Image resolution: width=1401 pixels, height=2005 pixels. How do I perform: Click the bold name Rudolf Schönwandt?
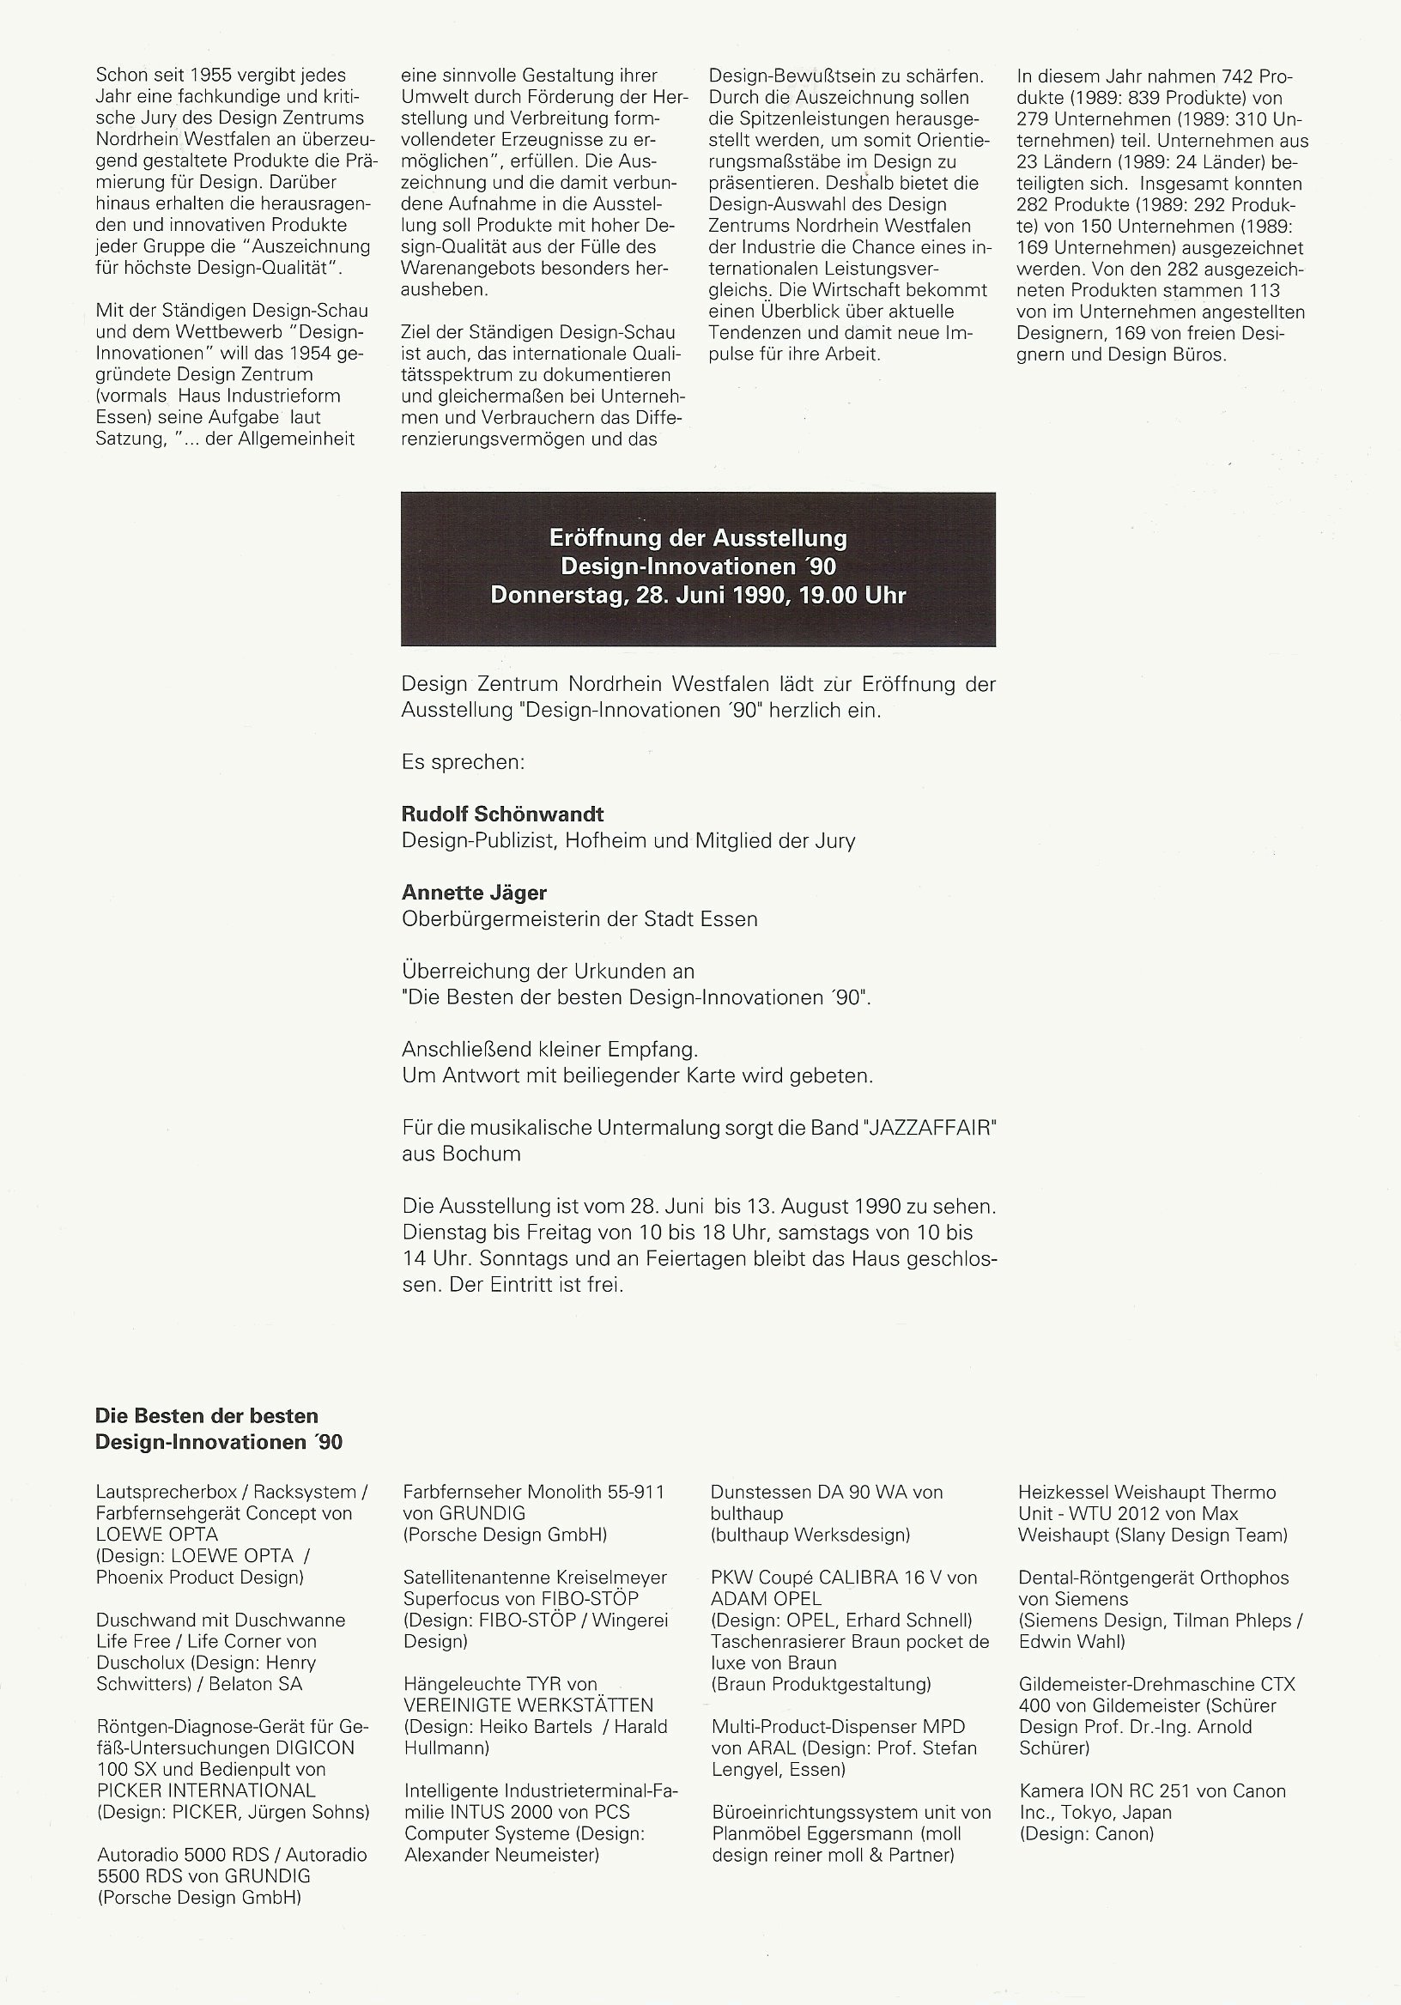[502, 815]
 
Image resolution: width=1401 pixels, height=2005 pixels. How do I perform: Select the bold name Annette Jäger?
[473, 893]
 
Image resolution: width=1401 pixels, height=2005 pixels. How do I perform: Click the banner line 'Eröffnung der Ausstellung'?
[698, 538]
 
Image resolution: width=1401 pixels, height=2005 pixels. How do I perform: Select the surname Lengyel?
[749, 1770]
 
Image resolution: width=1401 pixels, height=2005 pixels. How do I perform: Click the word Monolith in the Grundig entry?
[564, 1493]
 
